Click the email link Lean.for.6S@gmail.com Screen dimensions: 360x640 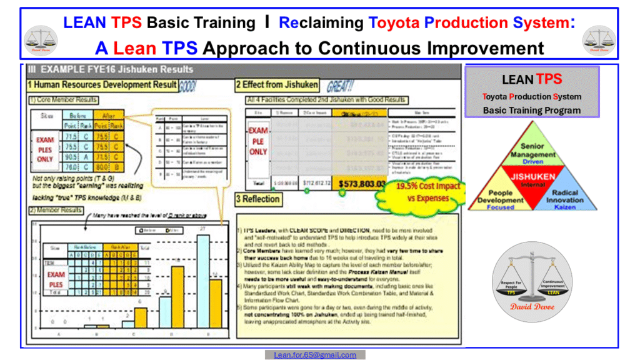(x=315, y=355)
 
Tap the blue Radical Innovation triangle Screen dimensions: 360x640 (x=565, y=197)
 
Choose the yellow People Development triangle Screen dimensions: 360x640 (x=501, y=197)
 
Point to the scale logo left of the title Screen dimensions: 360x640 (x=41, y=38)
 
